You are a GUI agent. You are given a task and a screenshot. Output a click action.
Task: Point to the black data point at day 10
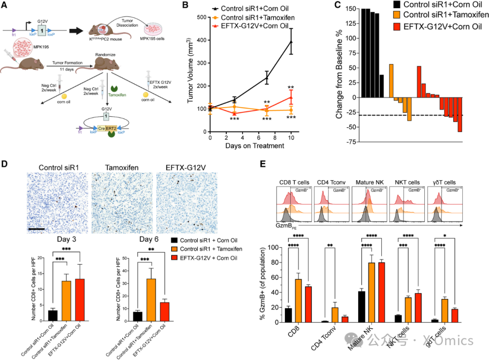point(291,42)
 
